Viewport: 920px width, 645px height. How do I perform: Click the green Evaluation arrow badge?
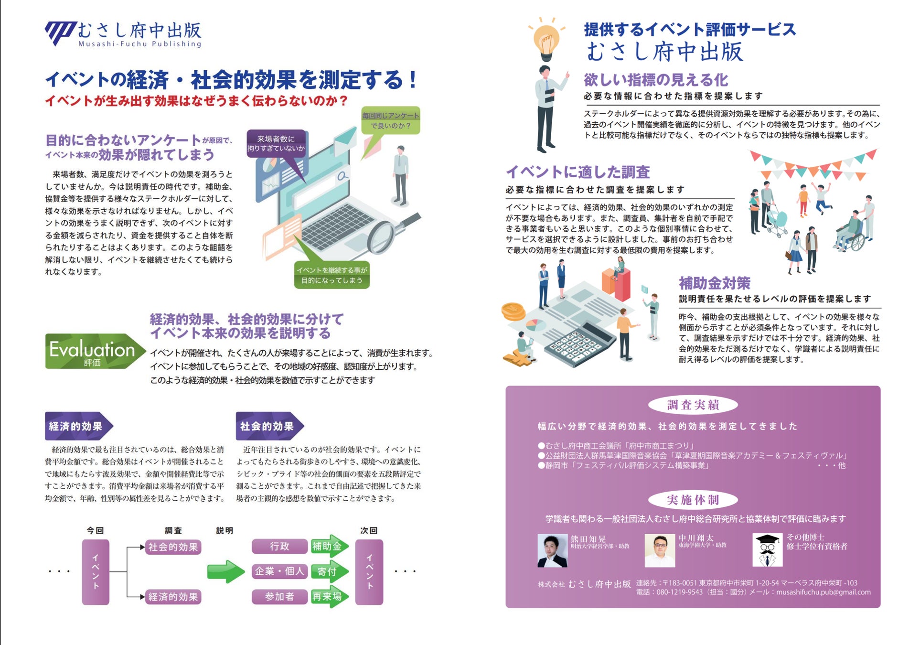[95, 351]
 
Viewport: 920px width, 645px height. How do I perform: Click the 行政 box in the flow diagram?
[279, 546]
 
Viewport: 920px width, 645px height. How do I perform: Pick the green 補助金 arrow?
[330, 546]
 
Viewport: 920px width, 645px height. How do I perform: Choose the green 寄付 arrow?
[330, 571]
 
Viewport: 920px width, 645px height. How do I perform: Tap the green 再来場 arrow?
[330, 596]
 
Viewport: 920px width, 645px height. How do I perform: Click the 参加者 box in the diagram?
[279, 597]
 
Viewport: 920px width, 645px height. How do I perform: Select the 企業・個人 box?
[279, 571]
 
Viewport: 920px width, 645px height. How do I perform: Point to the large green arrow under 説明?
[226, 571]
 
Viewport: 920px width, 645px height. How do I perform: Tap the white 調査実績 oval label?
[693, 405]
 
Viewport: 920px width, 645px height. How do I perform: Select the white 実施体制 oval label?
[693, 500]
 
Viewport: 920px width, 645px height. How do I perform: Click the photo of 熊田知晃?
[552, 550]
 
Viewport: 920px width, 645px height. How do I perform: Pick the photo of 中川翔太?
[660, 550]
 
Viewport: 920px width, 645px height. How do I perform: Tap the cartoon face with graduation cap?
[767, 550]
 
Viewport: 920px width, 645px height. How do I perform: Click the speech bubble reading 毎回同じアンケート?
[390, 120]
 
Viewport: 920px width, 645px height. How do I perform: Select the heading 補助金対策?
[715, 283]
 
